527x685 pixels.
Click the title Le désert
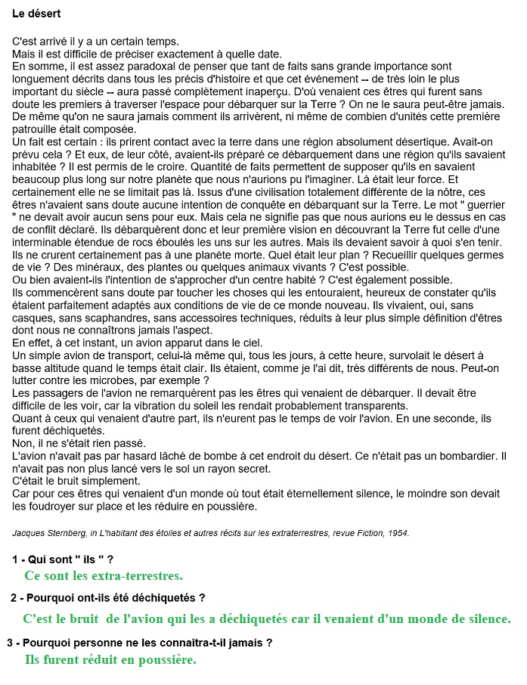coord(37,14)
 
